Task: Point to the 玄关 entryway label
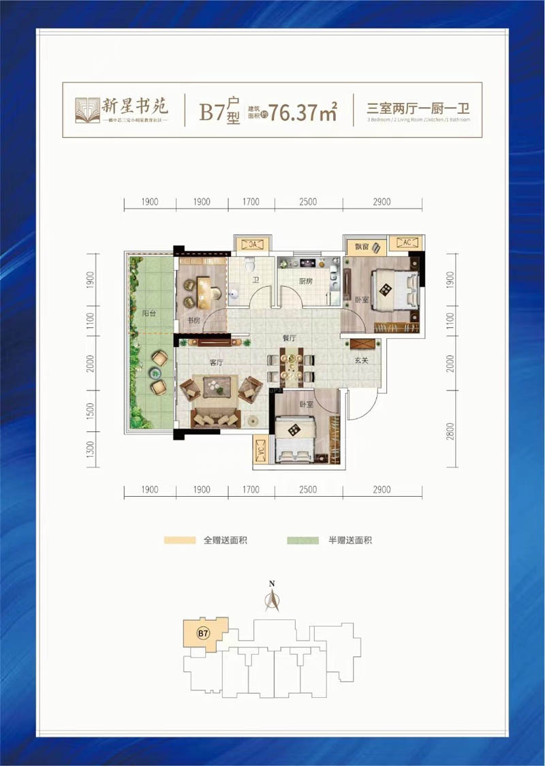[x=361, y=361]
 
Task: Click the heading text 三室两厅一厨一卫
[x=420, y=108]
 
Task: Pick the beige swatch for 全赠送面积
[x=179, y=540]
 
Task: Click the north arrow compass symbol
[x=272, y=600]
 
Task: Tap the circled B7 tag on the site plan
[x=202, y=633]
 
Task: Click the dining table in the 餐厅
[x=291, y=365]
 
